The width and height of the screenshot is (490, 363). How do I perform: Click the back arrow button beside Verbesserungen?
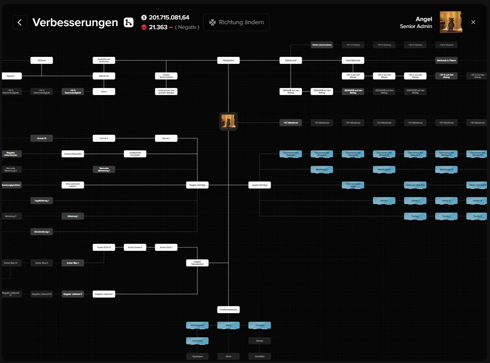20,22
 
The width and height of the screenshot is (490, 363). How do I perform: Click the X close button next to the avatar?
473,22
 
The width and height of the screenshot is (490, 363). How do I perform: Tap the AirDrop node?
42,60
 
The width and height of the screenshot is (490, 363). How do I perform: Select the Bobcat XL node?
104,76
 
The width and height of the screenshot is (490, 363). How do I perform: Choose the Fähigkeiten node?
228,60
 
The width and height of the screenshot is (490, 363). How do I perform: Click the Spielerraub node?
291,60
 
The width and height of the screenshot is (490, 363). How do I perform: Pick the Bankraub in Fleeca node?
446,60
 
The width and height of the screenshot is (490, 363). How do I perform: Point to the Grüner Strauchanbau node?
166,76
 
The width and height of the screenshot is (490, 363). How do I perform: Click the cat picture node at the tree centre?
228,122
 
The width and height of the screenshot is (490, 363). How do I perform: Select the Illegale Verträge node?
197,185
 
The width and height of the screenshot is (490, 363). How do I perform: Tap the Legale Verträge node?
260,185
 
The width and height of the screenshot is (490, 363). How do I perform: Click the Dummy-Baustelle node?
73,154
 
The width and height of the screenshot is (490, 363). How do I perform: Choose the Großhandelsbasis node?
228,310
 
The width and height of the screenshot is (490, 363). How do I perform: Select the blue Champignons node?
197,325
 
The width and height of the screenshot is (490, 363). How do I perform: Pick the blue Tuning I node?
415,216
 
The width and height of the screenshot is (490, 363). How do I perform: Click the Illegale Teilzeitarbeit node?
197,263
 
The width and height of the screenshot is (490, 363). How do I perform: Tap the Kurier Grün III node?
104,247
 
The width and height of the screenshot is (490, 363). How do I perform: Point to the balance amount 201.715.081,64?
169,18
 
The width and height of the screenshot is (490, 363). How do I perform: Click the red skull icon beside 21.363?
144,27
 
